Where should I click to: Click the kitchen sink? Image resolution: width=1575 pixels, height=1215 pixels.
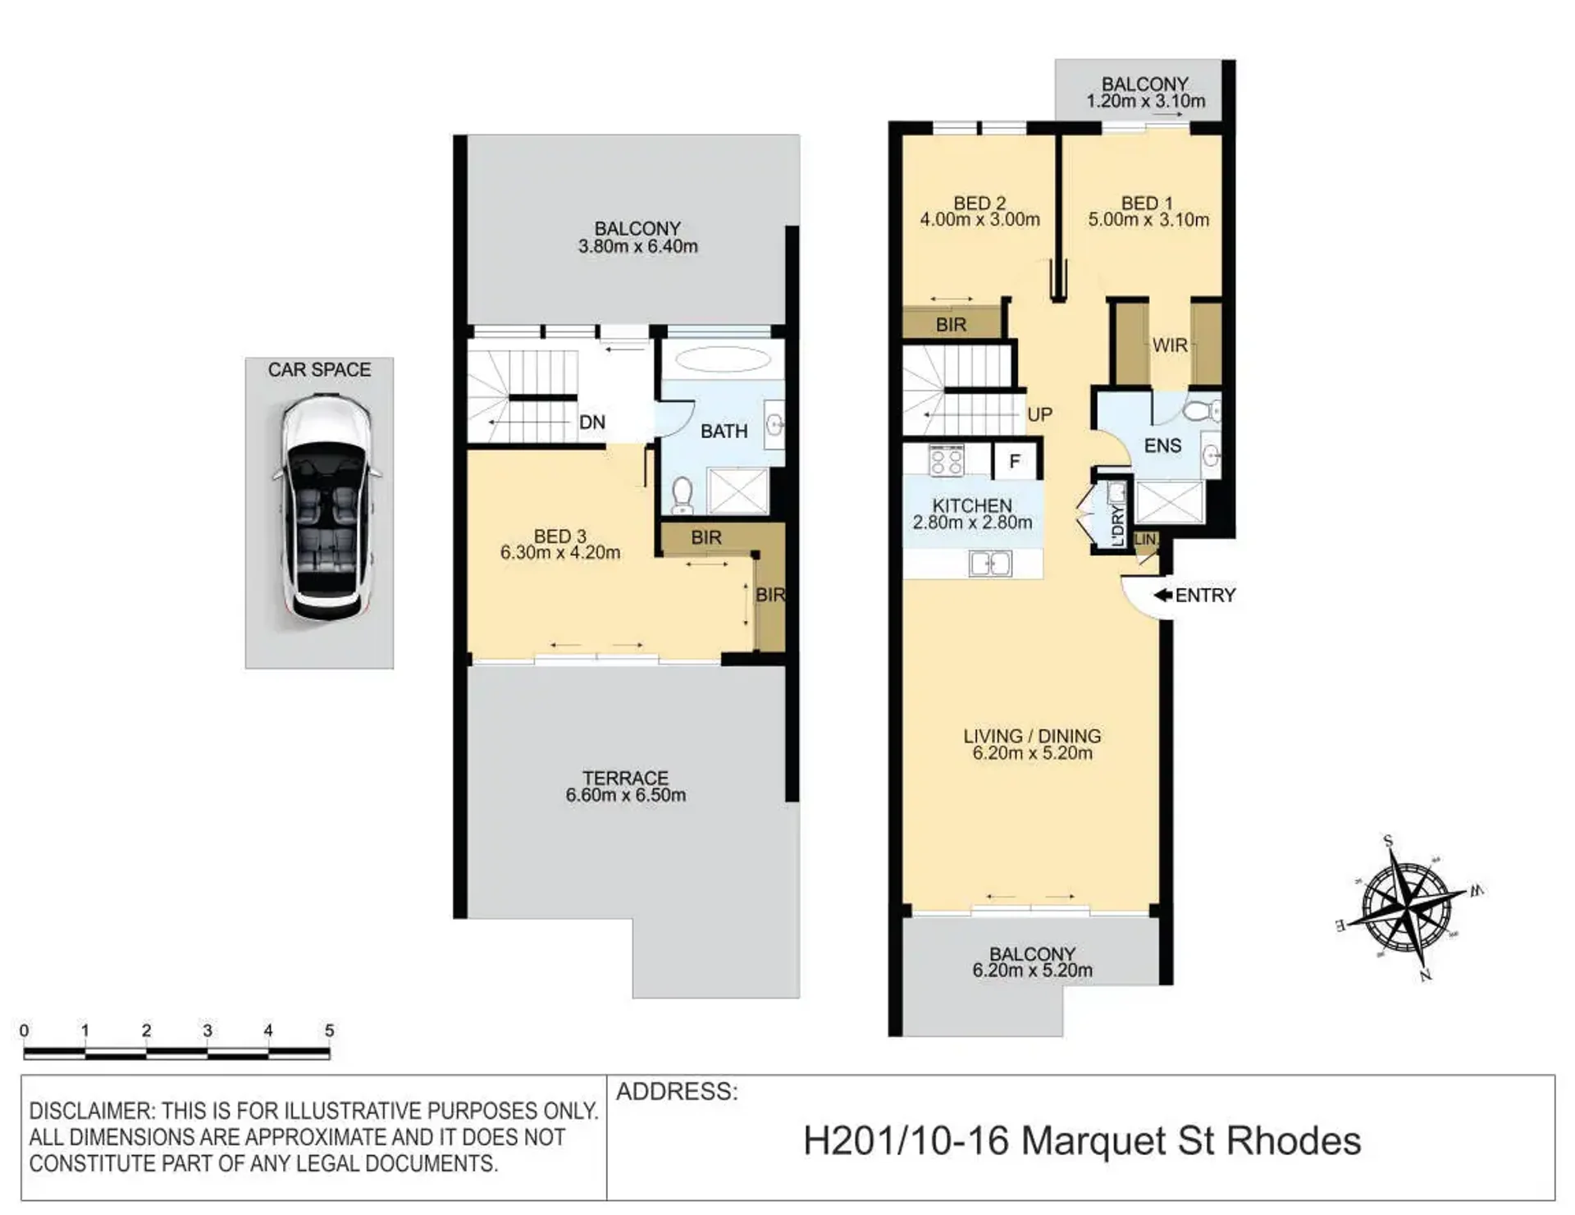pos(990,564)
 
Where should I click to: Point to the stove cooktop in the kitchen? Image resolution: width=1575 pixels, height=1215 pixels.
pos(946,460)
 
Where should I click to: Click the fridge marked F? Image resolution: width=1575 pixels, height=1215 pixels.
pos(1016,461)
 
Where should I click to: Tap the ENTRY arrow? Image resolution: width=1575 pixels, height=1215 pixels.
pos(1162,595)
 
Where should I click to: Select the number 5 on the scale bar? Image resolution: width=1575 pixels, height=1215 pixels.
pos(329,1030)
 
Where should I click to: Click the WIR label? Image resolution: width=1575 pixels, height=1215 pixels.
pos(1170,345)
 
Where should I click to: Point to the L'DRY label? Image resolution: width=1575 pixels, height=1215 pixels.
pos(1117,526)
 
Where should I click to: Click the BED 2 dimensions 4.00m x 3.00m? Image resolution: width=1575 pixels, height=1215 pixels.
pos(979,220)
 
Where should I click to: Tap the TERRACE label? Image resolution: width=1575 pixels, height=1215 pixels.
pos(625,777)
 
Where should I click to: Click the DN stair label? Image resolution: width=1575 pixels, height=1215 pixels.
pos(592,423)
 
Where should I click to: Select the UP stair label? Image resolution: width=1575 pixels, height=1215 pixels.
pos(1039,414)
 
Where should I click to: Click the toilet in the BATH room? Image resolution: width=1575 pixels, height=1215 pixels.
pos(682,495)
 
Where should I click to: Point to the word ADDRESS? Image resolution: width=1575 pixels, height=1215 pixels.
pos(677,1092)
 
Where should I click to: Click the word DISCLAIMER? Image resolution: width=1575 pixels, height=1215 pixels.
pos(91,1112)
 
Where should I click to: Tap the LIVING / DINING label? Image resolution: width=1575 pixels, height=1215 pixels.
pos(1032,736)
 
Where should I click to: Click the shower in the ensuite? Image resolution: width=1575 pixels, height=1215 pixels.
pos(1170,501)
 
